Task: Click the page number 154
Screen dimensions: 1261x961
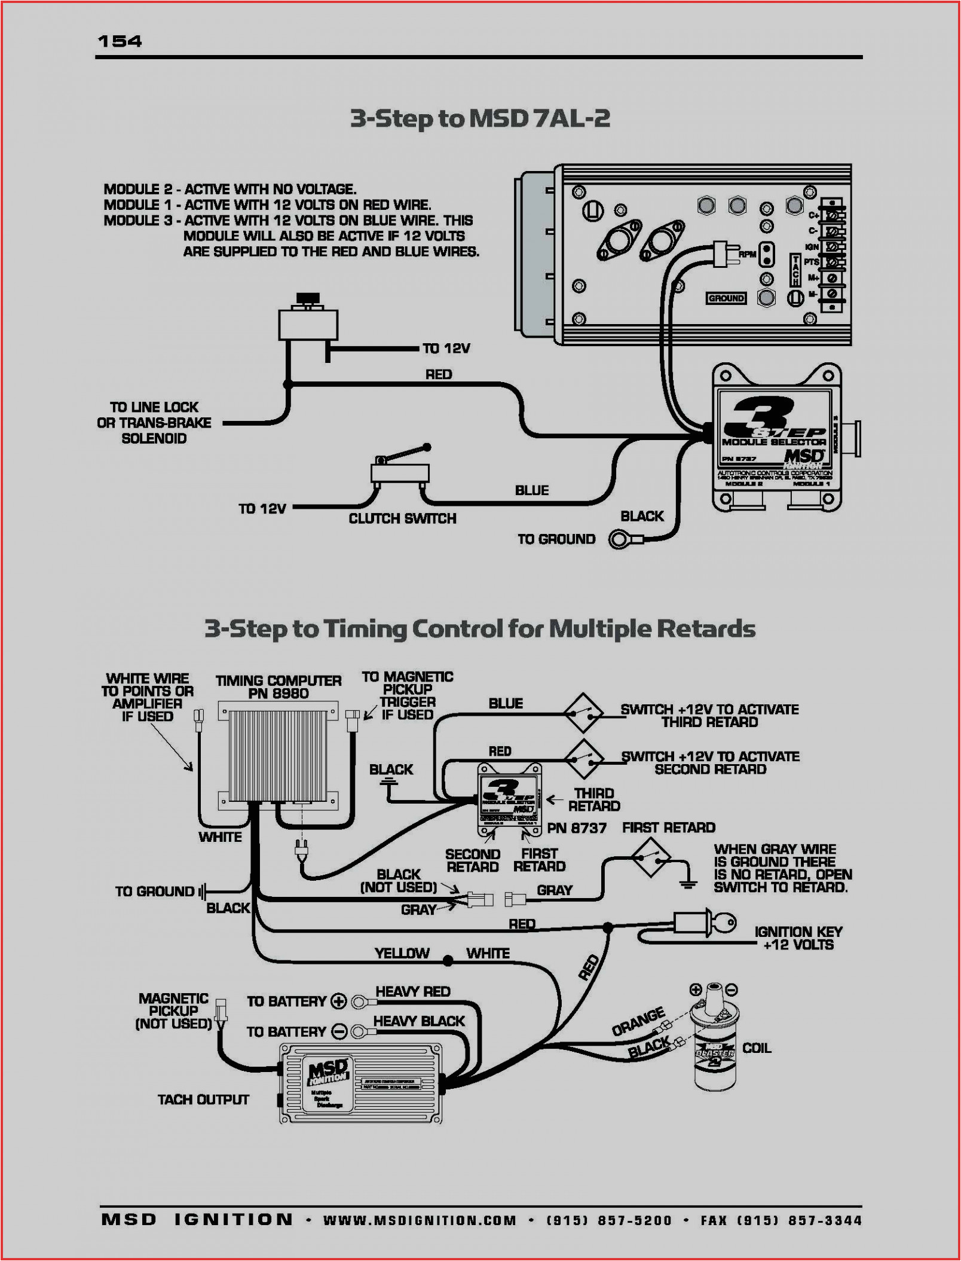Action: [120, 41]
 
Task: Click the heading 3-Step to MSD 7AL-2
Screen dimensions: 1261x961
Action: [480, 118]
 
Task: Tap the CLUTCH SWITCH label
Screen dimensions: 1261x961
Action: [402, 518]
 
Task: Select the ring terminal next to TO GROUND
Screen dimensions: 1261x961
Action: [620, 540]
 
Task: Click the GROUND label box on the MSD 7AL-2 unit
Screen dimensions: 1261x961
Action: [726, 298]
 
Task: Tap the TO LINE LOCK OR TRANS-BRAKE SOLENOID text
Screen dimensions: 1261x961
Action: [154, 423]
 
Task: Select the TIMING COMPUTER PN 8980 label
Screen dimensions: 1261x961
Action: [278, 687]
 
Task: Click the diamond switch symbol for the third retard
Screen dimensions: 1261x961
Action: [583, 713]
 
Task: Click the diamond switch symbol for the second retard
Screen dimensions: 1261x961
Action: [583, 759]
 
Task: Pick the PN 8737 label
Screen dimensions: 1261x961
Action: [577, 828]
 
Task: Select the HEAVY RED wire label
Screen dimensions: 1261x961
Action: [412, 992]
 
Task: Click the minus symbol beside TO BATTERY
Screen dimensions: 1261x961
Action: [339, 1032]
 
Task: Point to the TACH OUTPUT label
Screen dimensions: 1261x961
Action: [203, 1100]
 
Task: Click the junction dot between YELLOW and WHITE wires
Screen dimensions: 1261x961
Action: [448, 961]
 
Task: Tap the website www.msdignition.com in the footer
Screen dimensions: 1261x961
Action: [420, 1220]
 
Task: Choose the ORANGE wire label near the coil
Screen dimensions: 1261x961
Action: [638, 1021]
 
